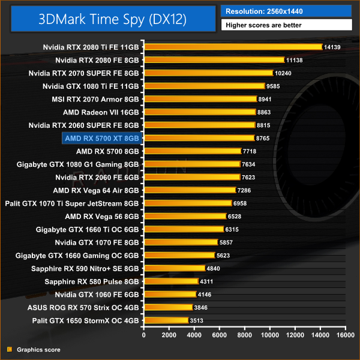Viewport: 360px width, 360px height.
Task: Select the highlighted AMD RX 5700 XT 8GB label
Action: pyautogui.click(x=102, y=138)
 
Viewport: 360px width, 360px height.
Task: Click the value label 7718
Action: pyautogui.click(x=250, y=151)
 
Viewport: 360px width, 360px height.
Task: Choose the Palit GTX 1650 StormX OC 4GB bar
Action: pyautogui.click(x=166, y=320)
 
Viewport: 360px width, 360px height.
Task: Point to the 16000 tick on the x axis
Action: pyautogui.click(x=345, y=335)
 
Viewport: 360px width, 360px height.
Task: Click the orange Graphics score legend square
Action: pyautogui.click(x=9, y=349)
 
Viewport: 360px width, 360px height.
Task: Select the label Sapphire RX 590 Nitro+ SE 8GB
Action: pyautogui.click(x=86, y=268)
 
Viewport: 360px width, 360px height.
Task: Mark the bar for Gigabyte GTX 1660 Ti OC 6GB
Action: pyautogui.click(x=183, y=229)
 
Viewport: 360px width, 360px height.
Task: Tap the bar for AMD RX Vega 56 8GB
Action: pyautogui.click(x=185, y=216)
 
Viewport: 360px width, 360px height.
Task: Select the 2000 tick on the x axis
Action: pyautogui.click(x=169, y=335)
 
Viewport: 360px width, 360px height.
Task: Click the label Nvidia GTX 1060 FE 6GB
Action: pyautogui.click(x=97, y=295)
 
